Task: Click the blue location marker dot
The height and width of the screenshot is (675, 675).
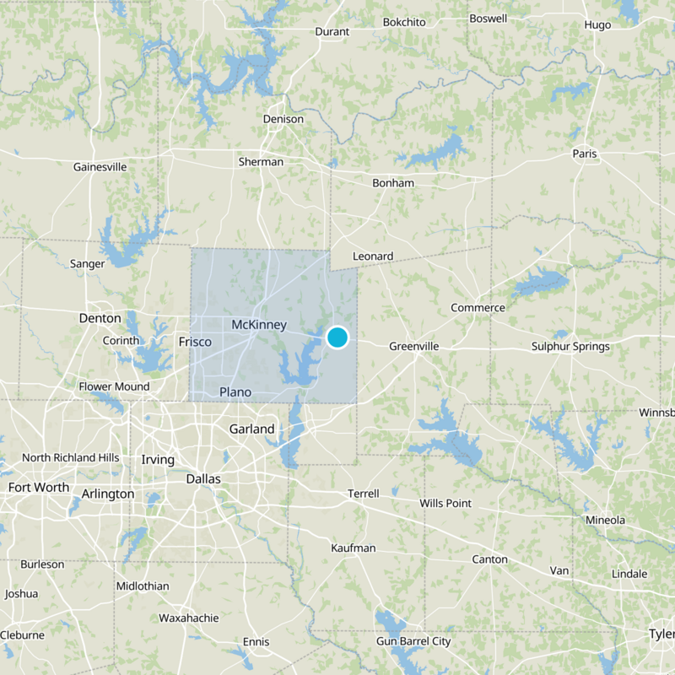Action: [x=337, y=337]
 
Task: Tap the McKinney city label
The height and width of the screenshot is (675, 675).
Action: [x=259, y=325]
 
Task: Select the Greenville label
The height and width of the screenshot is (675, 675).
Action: [x=415, y=346]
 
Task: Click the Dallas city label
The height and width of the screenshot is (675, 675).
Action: [x=202, y=478]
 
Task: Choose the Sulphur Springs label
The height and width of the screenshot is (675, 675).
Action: [x=570, y=346]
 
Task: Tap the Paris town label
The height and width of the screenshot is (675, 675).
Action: [x=584, y=154]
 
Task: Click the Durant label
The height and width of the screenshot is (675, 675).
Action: [x=332, y=31]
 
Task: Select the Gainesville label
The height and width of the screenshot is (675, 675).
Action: [x=100, y=167]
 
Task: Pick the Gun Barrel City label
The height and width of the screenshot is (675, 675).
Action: [x=413, y=641]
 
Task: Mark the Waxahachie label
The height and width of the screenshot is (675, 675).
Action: [x=189, y=618]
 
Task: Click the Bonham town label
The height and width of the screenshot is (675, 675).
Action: [x=393, y=183]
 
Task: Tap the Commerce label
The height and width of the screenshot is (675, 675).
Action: [x=478, y=308]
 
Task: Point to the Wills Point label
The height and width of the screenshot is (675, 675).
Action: [x=445, y=504]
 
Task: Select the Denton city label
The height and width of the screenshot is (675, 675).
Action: [x=100, y=318]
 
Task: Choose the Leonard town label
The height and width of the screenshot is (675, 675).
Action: [x=373, y=256]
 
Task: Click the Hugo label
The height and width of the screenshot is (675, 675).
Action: [x=597, y=24]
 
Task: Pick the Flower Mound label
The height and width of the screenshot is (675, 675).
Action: [x=114, y=386]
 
